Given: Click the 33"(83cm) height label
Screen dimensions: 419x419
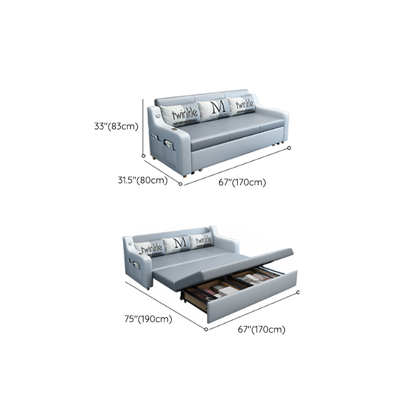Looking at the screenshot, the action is (116, 126).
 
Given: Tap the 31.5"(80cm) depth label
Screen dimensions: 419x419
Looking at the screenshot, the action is (142, 180).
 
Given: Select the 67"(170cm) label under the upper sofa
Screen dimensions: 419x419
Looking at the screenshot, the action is (242, 182).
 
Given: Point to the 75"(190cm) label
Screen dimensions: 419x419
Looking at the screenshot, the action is (148, 319).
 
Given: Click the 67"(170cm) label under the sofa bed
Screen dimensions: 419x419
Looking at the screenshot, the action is (261, 329).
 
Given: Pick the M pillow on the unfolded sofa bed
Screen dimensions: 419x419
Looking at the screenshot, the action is (177, 244).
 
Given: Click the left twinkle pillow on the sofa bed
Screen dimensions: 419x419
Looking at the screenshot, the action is (149, 248).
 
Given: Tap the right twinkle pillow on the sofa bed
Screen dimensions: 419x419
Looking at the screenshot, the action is (202, 240).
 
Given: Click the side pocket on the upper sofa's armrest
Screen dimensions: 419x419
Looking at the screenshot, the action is (169, 145).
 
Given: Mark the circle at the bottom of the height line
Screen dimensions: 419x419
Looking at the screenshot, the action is (143, 156).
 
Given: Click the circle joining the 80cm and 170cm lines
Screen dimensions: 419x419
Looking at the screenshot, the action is (180, 184).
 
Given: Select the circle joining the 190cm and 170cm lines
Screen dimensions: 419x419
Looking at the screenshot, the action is (206, 329).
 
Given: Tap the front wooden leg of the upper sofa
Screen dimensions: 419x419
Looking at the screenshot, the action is (184, 176).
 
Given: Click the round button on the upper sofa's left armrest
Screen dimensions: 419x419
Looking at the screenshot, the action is (158, 116).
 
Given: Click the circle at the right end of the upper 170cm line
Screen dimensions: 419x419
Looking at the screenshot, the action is (289, 148).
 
